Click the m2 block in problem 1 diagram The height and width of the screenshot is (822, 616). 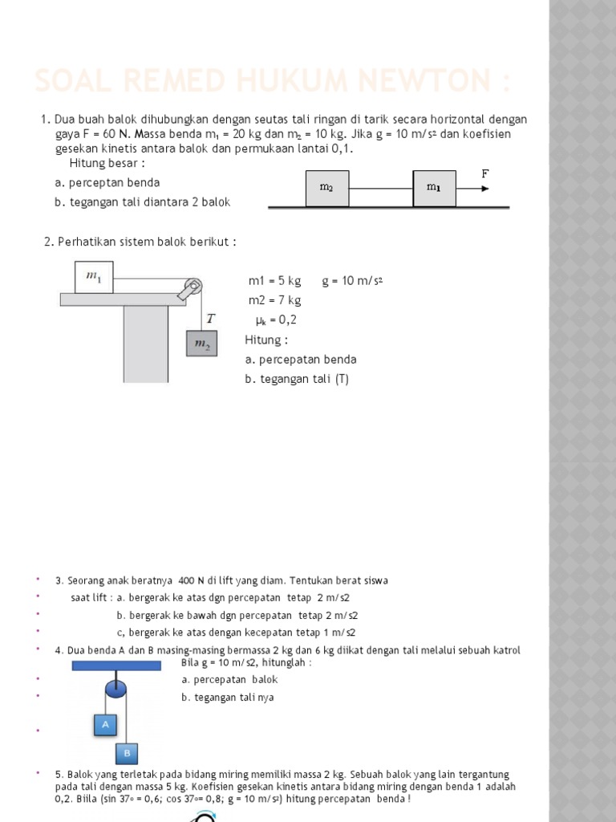coord(326,188)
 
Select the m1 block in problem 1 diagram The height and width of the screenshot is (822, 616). coord(434,188)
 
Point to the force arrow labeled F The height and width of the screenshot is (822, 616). coord(473,189)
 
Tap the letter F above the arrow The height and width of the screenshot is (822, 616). coord(484,173)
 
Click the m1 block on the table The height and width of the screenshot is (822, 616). coord(94,277)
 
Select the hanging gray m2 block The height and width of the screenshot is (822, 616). coord(201,344)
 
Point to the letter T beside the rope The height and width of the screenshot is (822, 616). coord(210,319)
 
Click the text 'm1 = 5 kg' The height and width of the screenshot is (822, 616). coord(274,281)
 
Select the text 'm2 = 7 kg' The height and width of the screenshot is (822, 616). coord(274,300)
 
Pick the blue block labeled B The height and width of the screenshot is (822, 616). coord(127,753)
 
